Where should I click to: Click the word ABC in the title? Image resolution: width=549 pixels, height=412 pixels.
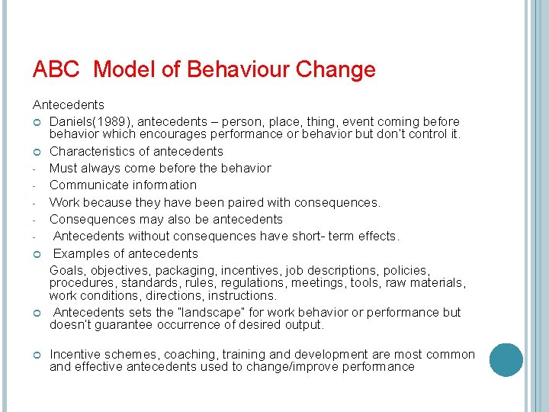tap(57, 70)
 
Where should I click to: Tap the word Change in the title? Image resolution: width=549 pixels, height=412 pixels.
tap(336, 70)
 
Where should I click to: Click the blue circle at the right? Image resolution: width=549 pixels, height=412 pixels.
tap(506, 359)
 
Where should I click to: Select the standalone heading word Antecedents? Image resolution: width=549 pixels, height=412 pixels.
tap(69, 105)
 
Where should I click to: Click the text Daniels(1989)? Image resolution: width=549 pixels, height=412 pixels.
tap(88, 121)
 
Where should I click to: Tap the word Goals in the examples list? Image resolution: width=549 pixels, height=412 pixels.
tap(66, 270)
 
